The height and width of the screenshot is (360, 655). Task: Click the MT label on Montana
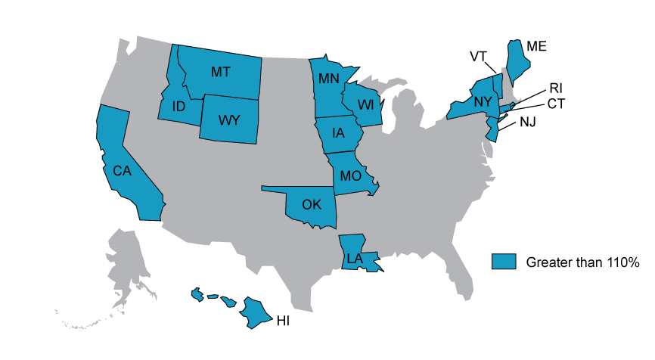coord(221,72)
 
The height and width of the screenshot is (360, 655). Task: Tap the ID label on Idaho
coord(178,107)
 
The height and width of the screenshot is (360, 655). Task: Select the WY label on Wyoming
coord(228,120)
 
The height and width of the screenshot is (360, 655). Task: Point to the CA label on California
coord(123,171)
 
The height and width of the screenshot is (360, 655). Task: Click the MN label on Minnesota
coord(328,79)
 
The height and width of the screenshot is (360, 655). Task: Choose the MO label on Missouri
coord(350,176)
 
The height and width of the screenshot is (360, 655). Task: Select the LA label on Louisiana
coord(353,259)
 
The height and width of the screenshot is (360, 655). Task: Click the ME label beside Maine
coord(536,46)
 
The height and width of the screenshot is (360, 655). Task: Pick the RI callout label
coord(555,88)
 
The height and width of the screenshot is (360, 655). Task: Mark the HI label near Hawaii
coord(283,321)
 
